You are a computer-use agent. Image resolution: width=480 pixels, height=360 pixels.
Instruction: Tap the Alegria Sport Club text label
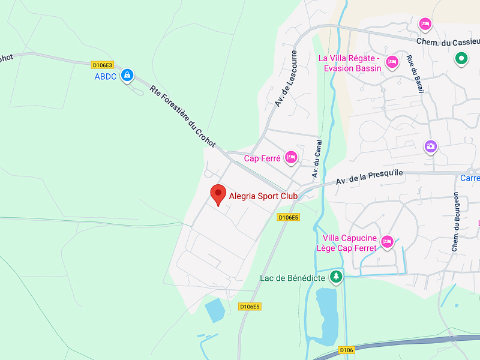click(x=263, y=196)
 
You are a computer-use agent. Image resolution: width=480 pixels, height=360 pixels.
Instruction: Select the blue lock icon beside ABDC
click(x=127, y=76)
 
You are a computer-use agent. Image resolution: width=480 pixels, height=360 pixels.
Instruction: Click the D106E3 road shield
click(x=102, y=65)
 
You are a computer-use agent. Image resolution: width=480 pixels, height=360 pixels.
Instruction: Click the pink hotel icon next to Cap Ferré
click(x=291, y=157)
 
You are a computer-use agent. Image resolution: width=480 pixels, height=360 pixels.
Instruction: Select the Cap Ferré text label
click(x=262, y=158)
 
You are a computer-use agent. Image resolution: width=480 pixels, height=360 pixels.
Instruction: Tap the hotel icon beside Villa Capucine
click(x=388, y=241)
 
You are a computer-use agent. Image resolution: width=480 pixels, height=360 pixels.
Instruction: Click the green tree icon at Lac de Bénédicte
click(x=337, y=277)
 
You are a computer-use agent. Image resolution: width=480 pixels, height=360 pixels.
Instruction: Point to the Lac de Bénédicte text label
click(x=292, y=278)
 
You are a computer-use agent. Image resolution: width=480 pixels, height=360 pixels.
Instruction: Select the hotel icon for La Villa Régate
click(x=392, y=62)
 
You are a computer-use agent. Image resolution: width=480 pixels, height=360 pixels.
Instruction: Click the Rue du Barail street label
click(x=413, y=74)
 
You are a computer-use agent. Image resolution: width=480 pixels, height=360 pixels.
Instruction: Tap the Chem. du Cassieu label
click(x=448, y=41)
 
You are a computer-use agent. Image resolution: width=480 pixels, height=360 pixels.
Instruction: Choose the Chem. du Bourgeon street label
click(x=456, y=221)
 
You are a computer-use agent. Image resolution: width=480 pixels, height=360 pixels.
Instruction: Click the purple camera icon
click(x=430, y=146)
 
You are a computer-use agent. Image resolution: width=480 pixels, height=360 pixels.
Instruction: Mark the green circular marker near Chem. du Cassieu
click(x=461, y=59)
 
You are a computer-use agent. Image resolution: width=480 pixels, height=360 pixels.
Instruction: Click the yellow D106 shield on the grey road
click(x=346, y=350)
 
